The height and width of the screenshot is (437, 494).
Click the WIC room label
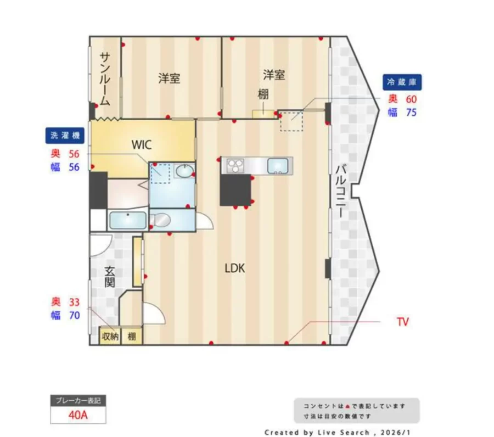click(x=142, y=145)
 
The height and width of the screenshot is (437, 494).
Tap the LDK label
click(x=235, y=268)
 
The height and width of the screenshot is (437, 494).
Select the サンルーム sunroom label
click(x=105, y=79)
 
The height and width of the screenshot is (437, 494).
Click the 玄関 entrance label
click(x=110, y=277)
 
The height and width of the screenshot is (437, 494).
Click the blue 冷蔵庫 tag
click(x=402, y=82)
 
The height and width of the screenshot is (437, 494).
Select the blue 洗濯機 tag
click(x=65, y=136)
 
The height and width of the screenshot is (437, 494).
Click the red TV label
click(x=403, y=322)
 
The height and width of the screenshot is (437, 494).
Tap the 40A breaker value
click(x=78, y=415)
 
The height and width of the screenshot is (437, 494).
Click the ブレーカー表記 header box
click(x=78, y=401)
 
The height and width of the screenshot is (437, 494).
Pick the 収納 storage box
click(x=110, y=337)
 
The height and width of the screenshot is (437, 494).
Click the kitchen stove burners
click(x=235, y=165)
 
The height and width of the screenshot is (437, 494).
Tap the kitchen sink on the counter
click(x=278, y=166)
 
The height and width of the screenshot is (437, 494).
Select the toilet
click(x=160, y=220)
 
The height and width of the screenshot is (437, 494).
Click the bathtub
click(x=127, y=221)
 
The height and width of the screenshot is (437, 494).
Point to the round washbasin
click(x=184, y=171)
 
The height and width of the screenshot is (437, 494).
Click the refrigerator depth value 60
click(x=411, y=99)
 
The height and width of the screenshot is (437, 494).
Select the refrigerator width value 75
click(x=411, y=113)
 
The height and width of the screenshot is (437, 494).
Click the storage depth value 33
click(x=74, y=302)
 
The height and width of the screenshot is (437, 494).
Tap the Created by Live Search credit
click(x=338, y=433)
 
